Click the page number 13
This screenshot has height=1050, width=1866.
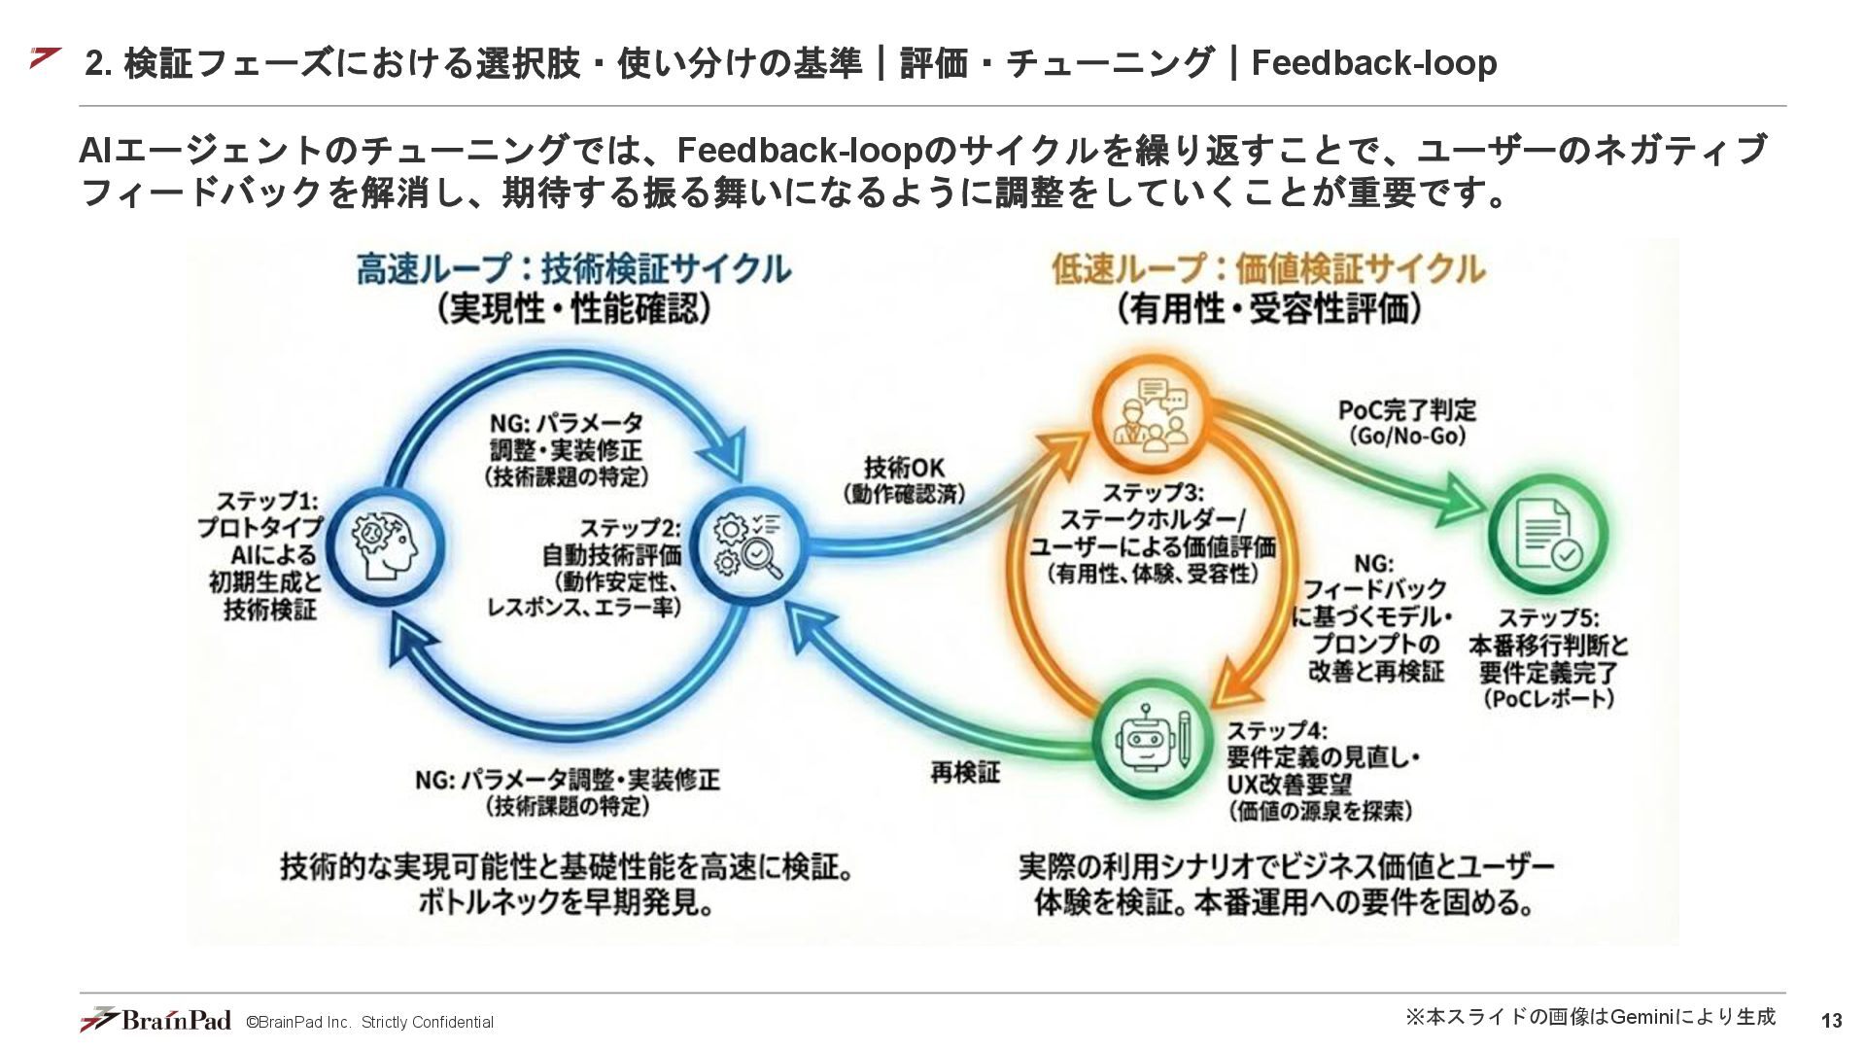1831,1021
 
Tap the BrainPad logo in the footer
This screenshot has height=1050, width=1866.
156,1020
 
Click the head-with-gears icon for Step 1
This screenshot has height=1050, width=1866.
386,545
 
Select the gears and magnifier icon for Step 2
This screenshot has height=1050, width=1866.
746,545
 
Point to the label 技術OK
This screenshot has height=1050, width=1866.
904,467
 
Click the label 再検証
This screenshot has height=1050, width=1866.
964,773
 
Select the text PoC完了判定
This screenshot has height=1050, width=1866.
1406,410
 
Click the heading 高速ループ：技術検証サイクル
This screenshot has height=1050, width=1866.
573,269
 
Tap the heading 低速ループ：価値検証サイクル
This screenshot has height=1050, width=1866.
1268,269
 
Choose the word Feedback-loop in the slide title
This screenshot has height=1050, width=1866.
1373,63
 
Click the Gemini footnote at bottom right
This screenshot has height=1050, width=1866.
1590,1017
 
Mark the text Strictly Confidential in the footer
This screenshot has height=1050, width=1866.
428,1023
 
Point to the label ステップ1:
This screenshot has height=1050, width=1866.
266,502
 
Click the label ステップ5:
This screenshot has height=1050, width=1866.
1548,618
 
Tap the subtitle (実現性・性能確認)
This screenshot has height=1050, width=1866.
573,309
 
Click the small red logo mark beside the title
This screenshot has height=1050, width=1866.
45,57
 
